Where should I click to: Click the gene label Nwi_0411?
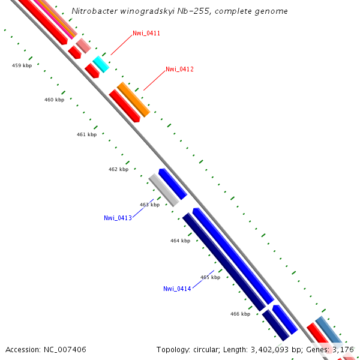146,33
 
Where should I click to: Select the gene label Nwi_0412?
179,69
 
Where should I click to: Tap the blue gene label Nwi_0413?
118,218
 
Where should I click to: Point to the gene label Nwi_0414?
177,289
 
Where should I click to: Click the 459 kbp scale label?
22,65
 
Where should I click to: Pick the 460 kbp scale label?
54,100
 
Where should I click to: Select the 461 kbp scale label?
86,134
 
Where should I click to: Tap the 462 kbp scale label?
118,169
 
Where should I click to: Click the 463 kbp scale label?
149,205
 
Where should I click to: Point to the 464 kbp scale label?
180,241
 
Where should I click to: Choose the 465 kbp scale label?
210,277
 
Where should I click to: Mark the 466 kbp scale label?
240,314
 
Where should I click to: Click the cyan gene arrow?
100,64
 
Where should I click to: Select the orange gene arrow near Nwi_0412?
133,99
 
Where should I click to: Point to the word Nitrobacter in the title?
91,11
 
